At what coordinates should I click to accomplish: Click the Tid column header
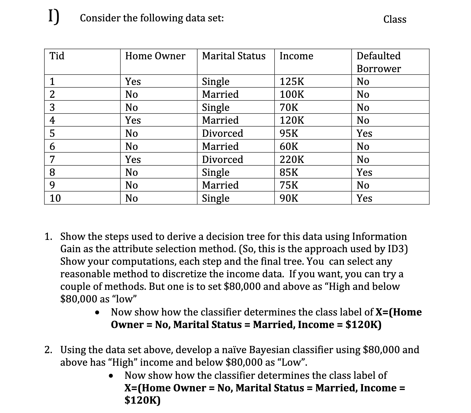(x=57, y=56)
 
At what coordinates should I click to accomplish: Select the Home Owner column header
(x=155, y=56)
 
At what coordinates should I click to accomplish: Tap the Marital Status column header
(x=234, y=56)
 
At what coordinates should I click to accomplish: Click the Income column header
(x=296, y=56)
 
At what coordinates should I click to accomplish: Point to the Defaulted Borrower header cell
(x=379, y=62)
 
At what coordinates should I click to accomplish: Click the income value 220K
(x=292, y=159)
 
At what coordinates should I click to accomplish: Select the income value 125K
(x=292, y=81)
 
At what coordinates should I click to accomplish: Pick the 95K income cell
(x=289, y=133)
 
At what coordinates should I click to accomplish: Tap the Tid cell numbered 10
(x=55, y=198)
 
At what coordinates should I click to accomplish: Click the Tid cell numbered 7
(x=52, y=159)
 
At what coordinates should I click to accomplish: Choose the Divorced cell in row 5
(x=222, y=133)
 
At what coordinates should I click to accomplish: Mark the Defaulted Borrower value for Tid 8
(x=364, y=172)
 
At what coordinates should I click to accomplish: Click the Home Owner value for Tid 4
(x=133, y=120)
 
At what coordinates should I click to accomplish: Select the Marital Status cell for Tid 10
(x=215, y=198)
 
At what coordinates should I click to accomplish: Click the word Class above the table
(x=395, y=19)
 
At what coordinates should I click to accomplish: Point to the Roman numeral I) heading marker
(x=54, y=17)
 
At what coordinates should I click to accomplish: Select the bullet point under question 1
(x=99, y=312)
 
